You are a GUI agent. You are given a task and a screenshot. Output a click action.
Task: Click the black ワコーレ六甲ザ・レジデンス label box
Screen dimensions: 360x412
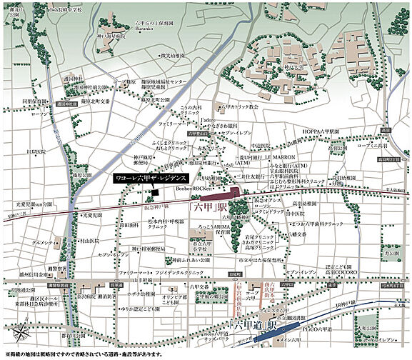[151, 178]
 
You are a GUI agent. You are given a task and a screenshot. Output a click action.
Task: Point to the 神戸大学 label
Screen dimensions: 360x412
[294, 70]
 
